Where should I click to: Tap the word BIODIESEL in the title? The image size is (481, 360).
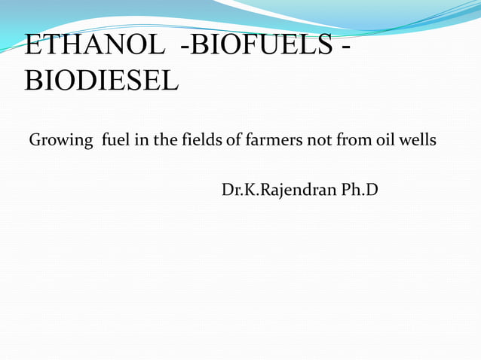102,79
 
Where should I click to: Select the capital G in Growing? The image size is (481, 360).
35,140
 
